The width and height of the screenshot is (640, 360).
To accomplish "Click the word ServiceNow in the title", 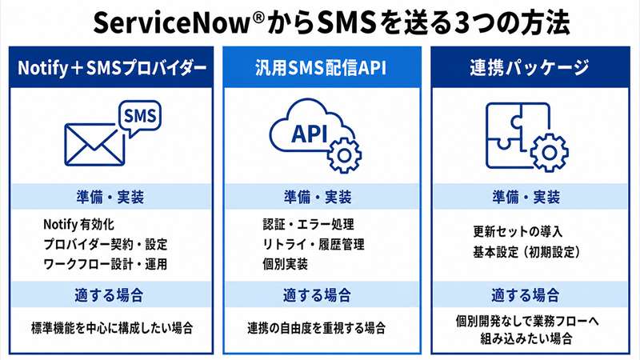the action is pos(171,23).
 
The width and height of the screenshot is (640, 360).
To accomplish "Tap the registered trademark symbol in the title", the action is pos(258,17).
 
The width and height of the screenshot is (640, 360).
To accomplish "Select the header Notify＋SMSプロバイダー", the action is pos(112,68).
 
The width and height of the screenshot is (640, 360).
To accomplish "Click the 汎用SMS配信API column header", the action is pos(321,67).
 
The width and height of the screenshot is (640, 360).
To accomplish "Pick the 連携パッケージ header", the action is pos(530,67).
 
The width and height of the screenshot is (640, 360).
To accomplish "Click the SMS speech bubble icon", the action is pos(139,118).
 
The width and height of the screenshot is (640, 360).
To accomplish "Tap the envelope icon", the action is pos(94,145).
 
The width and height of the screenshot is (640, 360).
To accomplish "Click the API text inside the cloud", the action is pos(310,134).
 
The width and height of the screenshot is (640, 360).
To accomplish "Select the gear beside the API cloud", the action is pos(344,155).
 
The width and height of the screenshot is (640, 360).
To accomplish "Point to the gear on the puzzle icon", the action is pos(550,153).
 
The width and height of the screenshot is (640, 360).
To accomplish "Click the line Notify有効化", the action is pos(78,225).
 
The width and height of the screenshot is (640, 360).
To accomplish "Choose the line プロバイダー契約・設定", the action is pos(106,245).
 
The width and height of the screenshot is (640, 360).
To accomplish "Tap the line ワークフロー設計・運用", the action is pos(106,264).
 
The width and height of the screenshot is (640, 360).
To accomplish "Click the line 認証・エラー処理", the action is pos(308,225).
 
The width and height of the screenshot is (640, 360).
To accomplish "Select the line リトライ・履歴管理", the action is pos(313,245).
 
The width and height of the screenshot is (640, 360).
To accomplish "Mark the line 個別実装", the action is pos(285,264).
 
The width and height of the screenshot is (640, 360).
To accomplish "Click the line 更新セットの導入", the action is pos(518,232).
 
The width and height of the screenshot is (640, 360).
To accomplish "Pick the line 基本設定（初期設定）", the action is pos(526,252).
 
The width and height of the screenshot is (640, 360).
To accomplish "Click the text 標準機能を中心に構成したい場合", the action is pos(112,328).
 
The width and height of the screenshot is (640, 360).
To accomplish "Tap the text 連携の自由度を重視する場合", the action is pos(316,328).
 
